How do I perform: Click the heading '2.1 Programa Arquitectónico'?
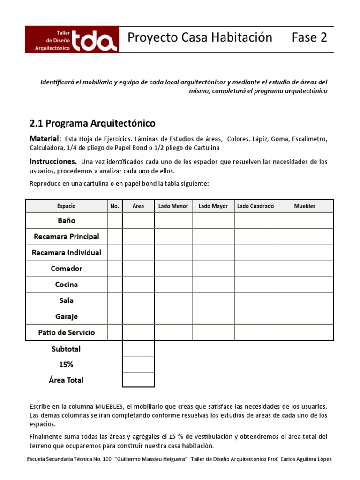click(92, 123)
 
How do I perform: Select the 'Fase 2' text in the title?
click(309, 37)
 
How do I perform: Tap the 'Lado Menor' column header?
click(173, 206)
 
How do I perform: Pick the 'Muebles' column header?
click(305, 206)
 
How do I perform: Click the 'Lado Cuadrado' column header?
click(255, 206)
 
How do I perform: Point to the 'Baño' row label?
click(67, 220)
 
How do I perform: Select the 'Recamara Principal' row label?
click(67, 236)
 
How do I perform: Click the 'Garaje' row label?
click(67, 316)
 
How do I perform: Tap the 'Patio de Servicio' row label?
click(67, 332)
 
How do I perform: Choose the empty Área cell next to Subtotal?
click(138, 348)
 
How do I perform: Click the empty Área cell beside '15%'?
click(138, 364)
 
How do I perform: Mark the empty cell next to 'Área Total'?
click(138, 380)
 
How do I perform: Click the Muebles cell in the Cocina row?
click(305, 285)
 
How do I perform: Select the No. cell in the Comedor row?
click(115, 269)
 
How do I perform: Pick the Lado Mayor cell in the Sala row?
click(213, 300)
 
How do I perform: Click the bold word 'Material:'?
click(45, 139)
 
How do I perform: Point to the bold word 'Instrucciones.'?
click(51, 162)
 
